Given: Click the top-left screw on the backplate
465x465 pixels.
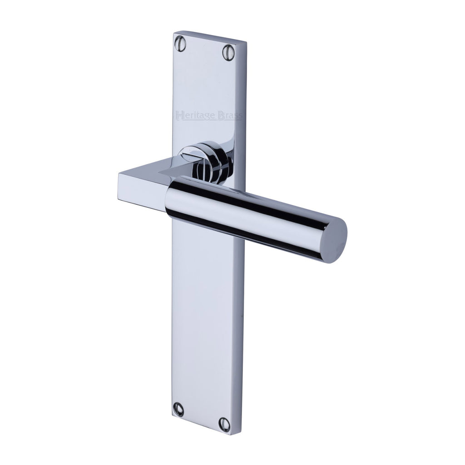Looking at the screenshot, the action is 180,43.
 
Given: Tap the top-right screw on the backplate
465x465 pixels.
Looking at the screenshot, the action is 228,53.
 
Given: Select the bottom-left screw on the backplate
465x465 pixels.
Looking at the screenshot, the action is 178,409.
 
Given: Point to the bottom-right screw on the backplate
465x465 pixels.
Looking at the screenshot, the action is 224,425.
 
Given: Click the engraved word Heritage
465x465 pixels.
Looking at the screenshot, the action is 196,115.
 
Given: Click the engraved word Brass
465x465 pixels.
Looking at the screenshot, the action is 229,116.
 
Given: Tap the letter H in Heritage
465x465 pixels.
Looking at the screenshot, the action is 179,115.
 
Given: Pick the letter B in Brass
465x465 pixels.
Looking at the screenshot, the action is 221,115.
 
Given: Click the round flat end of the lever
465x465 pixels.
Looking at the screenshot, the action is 334,241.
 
